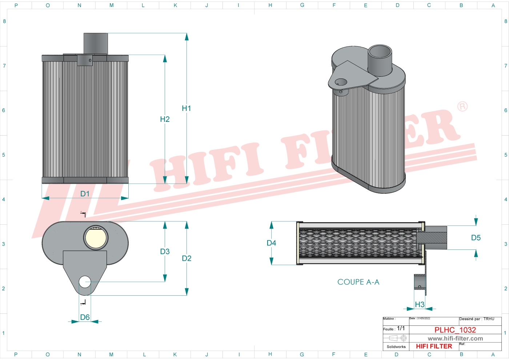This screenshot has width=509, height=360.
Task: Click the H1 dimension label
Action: click(186, 108)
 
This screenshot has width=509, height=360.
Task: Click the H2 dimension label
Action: click(165, 119)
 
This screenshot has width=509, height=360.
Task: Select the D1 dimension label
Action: click(85, 194)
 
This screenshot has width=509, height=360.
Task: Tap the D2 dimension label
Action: click(187, 259)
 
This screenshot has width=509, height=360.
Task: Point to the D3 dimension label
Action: click(165, 252)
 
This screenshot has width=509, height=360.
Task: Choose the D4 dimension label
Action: click(271, 243)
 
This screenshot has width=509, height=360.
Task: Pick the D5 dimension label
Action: click(476, 238)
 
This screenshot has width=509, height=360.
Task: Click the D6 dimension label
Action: click(85, 317)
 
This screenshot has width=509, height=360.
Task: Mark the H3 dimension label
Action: click(420, 304)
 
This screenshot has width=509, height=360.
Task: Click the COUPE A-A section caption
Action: click(358, 282)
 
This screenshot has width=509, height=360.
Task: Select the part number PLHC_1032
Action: click(455, 330)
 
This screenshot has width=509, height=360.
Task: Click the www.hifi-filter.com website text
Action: click(455, 339)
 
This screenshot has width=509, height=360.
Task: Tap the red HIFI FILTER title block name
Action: click(434, 347)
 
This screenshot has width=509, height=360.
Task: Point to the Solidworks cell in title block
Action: click(396, 347)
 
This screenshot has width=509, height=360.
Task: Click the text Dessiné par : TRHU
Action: click(477, 319)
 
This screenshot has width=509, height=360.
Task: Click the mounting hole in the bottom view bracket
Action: click(85, 282)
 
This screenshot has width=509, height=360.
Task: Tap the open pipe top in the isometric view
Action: click(380, 51)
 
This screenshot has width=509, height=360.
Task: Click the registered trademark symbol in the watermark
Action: click(462, 107)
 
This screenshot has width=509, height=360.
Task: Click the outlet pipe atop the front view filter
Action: click(96, 43)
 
